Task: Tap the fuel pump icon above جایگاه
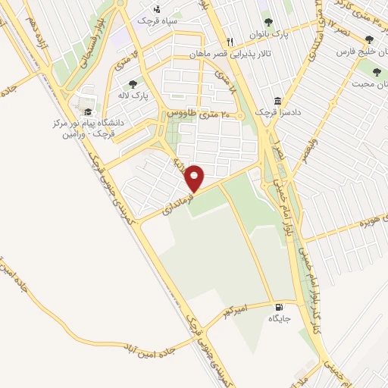click(280, 307)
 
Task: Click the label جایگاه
click(280, 319)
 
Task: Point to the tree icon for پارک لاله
click(133, 84)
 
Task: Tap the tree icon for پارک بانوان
click(267, 23)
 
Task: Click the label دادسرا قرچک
click(273, 112)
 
